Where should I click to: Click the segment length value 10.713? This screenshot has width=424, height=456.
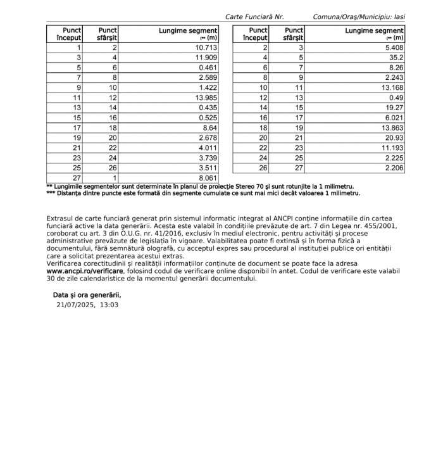[x=206, y=47]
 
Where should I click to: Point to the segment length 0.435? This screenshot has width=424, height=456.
[x=208, y=108]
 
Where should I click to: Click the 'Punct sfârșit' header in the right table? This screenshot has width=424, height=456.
[x=294, y=34]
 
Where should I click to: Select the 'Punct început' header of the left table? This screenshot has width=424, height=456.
[x=65, y=34]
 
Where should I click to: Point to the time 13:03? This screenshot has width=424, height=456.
[x=109, y=305]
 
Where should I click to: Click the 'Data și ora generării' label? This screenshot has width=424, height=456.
[x=86, y=294]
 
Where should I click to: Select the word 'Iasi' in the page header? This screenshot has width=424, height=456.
[x=399, y=16]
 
